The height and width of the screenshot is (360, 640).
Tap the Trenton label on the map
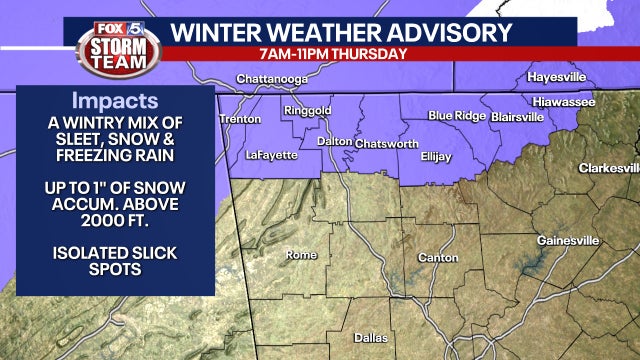240,119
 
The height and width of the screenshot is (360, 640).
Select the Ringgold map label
307,111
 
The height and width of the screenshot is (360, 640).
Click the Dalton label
334,142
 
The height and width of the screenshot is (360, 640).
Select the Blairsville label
517,116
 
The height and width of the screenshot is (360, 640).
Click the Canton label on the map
419,259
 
